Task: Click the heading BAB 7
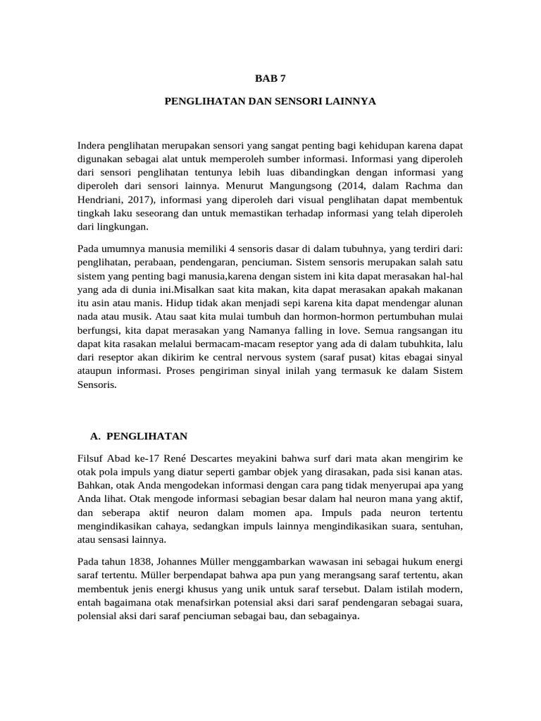[270, 79]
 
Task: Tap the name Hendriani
[103, 201]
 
